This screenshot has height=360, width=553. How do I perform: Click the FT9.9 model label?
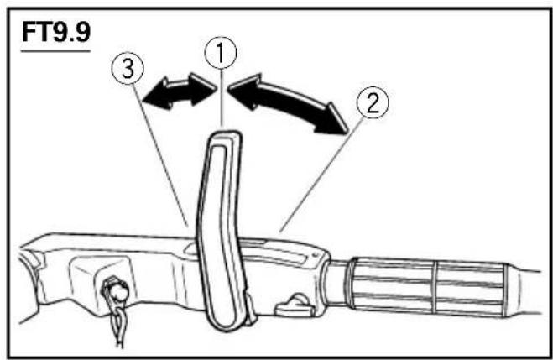tap(56, 33)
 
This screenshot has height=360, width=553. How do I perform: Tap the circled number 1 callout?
tap(221, 53)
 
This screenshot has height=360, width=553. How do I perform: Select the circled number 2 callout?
tap(373, 102)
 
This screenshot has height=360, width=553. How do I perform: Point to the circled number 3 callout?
tap(128, 68)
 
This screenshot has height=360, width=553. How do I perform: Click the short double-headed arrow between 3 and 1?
tap(179, 91)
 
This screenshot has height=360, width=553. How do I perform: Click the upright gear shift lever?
tap(222, 229)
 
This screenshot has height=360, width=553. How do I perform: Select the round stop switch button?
tap(117, 290)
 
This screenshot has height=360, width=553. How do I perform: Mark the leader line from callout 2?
tap(321, 175)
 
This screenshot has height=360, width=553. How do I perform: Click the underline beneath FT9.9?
tap(55, 51)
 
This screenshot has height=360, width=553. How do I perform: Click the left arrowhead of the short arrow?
tap(155, 96)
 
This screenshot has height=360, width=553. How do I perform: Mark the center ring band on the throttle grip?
tap(435, 287)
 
